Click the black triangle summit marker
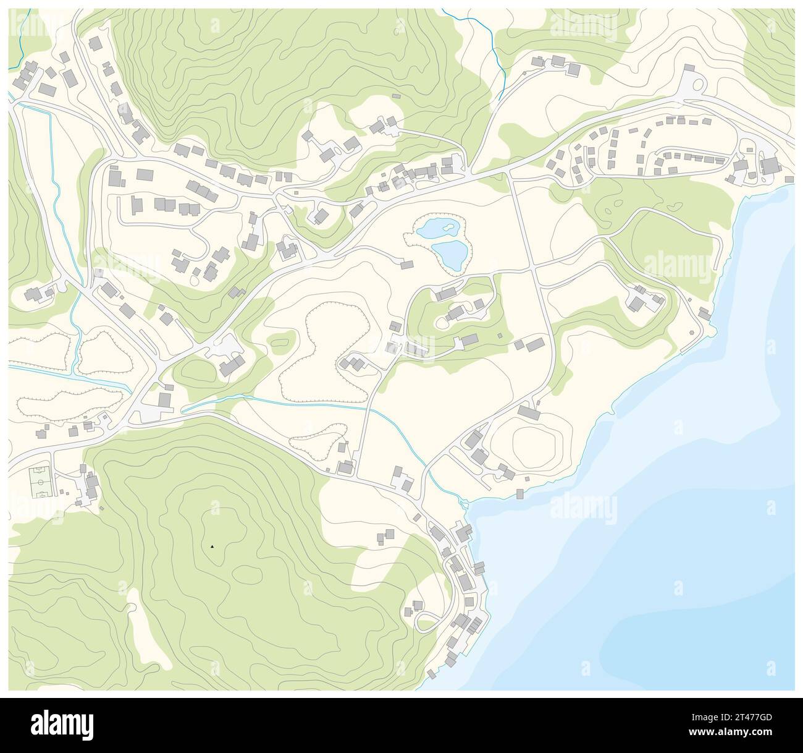point(212,547)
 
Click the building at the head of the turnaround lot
point(690,67)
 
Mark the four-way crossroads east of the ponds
point(532,269)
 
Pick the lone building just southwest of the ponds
point(406,265)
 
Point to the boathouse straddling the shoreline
point(519,493)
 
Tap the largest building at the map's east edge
point(770,165)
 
